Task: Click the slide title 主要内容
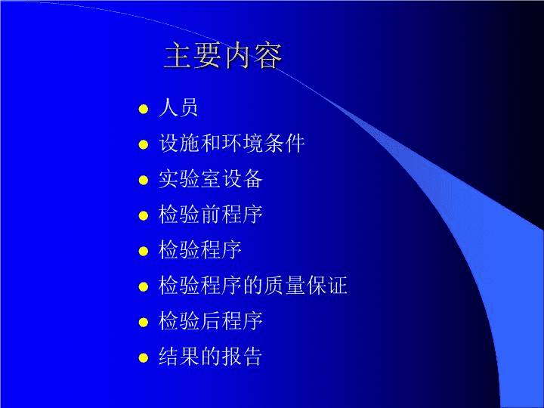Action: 223,55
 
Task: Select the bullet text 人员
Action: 178,107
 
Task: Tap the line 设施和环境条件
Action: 231,143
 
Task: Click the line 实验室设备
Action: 210,178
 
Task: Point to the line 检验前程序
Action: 210,214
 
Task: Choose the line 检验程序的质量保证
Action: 253,285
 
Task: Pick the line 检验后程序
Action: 210,320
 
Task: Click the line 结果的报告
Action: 210,357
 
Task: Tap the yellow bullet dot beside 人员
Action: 144,109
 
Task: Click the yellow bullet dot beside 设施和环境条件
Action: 144,144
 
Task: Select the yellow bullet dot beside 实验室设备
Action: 144,180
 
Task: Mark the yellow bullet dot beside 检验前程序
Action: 144,215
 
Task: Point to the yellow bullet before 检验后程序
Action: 144,322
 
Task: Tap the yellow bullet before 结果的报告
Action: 144,357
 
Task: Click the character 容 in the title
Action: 267,55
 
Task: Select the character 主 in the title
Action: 178,55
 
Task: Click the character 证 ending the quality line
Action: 338,285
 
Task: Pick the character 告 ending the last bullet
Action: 252,357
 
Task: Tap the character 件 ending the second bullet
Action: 295,143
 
